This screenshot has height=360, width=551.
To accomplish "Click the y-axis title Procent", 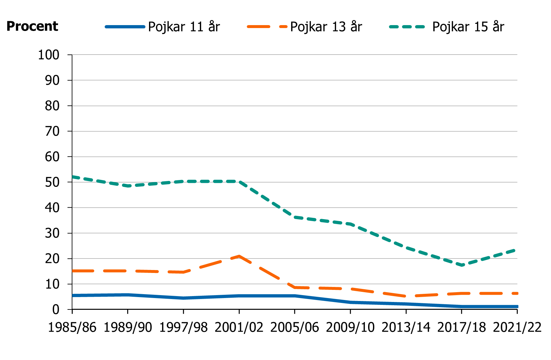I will click(x=32, y=26).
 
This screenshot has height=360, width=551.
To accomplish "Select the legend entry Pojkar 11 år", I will click(x=184, y=27).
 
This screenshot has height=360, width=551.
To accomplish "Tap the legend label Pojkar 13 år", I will click(x=326, y=27).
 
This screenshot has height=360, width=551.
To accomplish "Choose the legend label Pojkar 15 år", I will click(x=468, y=27).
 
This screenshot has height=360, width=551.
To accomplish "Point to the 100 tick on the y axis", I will click(x=49, y=55).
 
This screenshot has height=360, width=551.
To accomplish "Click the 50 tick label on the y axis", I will click(x=52, y=182).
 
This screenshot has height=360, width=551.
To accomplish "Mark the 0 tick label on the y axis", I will click(x=56, y=309).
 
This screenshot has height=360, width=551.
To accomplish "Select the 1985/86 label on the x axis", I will click(x=72, y=327).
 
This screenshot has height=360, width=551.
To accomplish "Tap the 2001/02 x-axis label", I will click(x=239, y=327).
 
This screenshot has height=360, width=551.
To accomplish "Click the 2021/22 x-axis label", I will click(x=517, y=327).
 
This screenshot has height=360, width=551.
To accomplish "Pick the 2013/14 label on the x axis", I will click(x=406, y=327).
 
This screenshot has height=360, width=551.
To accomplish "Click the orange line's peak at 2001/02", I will click(x=239, y=256).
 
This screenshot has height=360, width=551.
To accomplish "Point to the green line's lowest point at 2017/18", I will click(x=462, y=265).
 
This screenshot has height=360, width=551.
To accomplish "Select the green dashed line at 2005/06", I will click(x=295, y=217).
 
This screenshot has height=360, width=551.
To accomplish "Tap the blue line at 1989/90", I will click(x=128, y=295).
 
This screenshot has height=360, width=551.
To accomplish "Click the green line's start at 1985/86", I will click(x=73, y=177).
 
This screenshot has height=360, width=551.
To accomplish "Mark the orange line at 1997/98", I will click(x=184, y=272).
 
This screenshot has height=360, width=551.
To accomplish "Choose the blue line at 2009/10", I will click(x=350, y=303).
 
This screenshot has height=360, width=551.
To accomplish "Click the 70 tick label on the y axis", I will click(x=52, y=131).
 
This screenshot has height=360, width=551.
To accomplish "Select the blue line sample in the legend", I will click(x=125, y=27).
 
